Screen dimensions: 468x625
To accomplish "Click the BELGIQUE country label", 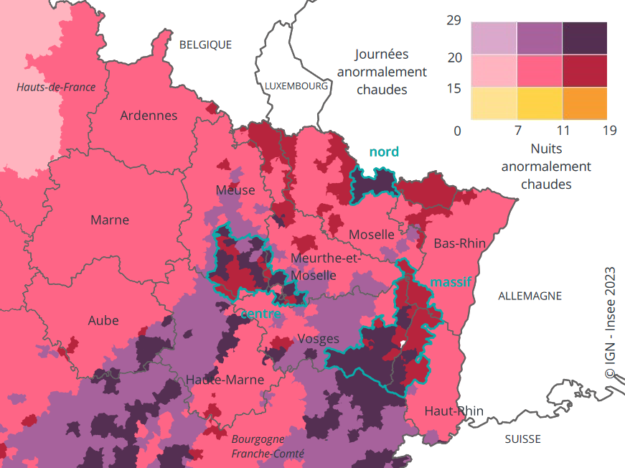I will [205, 45].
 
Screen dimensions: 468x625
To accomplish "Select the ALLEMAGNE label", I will [530, 296].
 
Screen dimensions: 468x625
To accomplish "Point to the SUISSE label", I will [522, 439].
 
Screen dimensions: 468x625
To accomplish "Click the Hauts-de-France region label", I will [56, 87].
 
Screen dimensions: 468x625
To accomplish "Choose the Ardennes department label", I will [149, 115].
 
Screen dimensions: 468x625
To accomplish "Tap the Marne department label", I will [110, 220].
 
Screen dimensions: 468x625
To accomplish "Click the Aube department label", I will [103, 320].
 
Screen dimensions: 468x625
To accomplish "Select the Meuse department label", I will [235, 190].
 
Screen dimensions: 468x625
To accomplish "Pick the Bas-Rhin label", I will [459, 243].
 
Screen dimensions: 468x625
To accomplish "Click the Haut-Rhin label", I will [454, 411].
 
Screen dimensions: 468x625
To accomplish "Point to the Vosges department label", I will [318, 339].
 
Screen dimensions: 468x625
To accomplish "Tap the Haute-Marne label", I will [225, 380].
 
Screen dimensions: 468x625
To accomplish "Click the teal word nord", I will [383, 151].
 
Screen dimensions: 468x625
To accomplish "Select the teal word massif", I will [451, 282].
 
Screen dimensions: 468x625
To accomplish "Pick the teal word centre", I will [260, 314].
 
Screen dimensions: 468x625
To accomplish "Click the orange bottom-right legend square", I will [584, 103].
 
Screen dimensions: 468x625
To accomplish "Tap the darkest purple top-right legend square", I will [584, 38].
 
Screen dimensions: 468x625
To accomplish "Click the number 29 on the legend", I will [454, 20].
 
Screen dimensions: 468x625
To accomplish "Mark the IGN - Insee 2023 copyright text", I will [610, 323].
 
